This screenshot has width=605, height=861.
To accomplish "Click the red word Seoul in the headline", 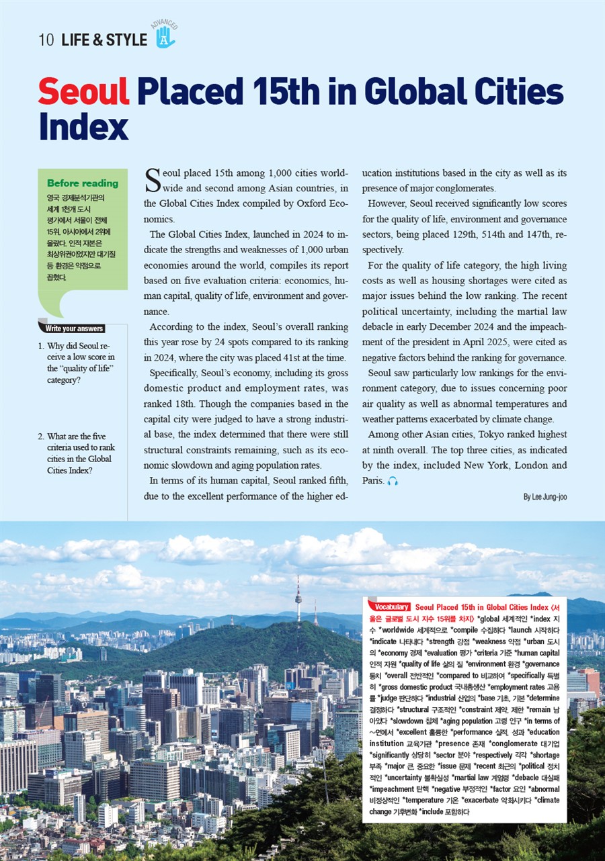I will (83, 92).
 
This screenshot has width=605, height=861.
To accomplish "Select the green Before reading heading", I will (83, 183).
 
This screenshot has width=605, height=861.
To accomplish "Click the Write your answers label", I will (74, 328).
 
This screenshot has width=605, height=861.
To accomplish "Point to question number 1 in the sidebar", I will (41, 347).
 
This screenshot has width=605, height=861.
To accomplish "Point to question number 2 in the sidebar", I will (41, 437).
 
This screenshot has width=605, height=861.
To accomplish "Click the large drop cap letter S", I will (153, 179).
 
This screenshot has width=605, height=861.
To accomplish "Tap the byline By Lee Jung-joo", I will (544, 497).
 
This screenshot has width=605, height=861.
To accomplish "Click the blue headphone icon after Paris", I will (393, 482).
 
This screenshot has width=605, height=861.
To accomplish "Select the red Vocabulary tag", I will (389, 606).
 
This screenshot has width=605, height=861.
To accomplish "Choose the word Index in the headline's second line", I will (83, 126).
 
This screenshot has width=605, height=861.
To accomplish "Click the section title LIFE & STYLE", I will (104, 40).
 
